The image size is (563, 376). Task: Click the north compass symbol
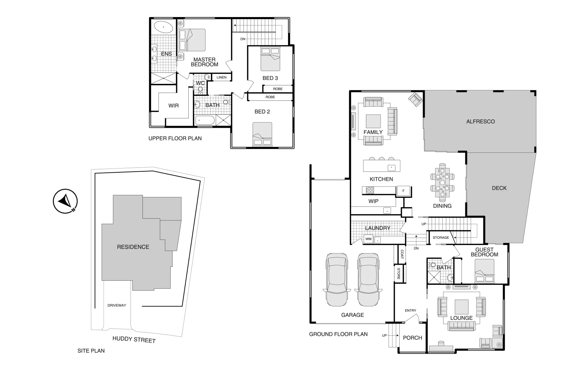coord(65,201)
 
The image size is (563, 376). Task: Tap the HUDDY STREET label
coord(134,339)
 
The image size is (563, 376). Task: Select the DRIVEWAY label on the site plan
coord(117,305)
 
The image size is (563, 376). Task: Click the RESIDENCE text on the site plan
coord(133,247)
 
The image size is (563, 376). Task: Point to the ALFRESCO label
coord(480,122)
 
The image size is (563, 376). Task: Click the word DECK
coord(499,188)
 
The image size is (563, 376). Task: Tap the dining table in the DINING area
coord(442,182)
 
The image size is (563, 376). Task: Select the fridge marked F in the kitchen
coord(403,191)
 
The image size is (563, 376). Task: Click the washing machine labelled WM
coord(368,239)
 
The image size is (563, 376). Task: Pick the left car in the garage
coord(336,279)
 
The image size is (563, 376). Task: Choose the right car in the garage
coord(369,279)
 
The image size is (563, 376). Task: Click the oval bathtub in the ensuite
coord(163,27)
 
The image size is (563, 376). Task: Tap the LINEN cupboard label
coord(221,77)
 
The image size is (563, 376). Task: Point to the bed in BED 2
coord(262,134)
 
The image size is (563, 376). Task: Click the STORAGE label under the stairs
coord(441,237)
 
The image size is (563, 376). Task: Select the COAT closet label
coord(402,254)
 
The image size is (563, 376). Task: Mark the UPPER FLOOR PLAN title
coord(175,138)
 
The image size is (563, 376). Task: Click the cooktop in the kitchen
coord(369,190)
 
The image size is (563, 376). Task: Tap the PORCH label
coord(412,338)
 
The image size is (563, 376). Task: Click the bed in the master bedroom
coord(192,40)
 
